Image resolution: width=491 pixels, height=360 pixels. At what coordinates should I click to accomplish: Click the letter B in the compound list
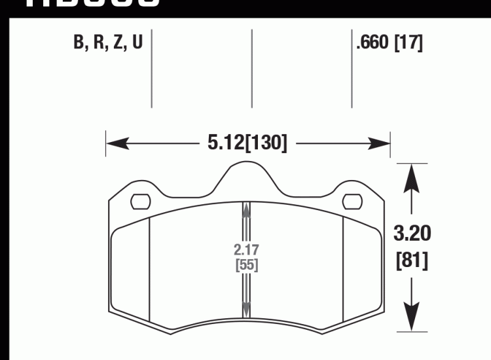pyautogui.click(x=80, y=43)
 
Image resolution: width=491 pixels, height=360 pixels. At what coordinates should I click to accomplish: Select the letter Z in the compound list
pyautogui.click(x=117, y=43)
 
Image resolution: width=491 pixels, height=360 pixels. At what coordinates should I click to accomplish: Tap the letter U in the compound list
pyautogui.click(x=136, y=43)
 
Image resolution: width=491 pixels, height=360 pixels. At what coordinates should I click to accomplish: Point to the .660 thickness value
pyautogui.click(x=372, y=43)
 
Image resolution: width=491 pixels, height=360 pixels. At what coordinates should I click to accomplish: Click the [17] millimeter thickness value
pyautogui.click(x=409, y=43)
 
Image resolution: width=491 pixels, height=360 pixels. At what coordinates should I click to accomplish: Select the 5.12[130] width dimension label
pyautogui.click(x=247, y=142)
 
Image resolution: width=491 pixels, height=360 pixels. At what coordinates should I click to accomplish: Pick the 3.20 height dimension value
pyautogui.click(x=412, y=233)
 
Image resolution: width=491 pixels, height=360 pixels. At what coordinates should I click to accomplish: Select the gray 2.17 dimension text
pyautogui.click(x=246, y=249)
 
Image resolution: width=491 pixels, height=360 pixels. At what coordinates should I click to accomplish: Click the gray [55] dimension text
pyautogui.click(x=246, y=265)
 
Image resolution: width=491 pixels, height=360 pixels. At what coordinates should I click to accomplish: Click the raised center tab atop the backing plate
pyautogui.click(x=246, y=174)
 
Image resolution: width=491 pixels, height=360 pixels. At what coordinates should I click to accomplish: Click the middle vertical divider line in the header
pyautogui.click(x=252, y=69)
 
